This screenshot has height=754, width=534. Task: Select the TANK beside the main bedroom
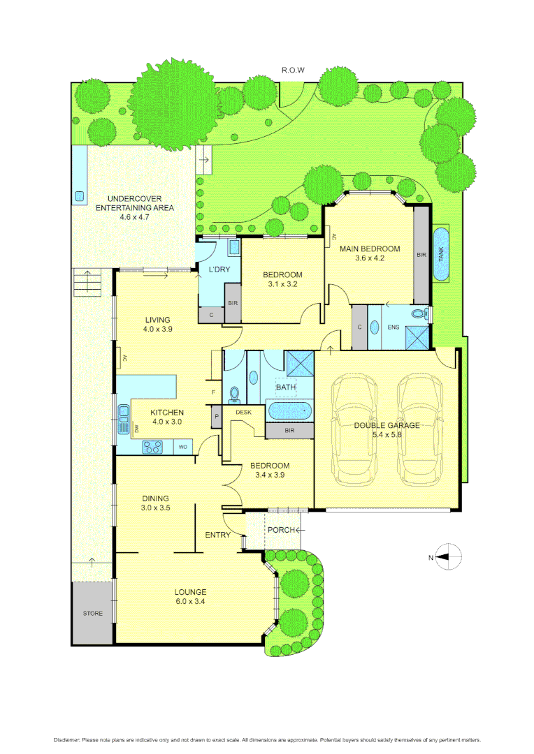[441, 254]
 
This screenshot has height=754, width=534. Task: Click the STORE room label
[92, 614]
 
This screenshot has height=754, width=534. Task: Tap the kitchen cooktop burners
[153, 446]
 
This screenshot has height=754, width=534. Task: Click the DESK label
[243, 413]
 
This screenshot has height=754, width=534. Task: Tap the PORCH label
[280, 530]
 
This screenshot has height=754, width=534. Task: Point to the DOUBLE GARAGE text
[387, 424]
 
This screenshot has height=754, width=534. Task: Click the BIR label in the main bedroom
[421, 256]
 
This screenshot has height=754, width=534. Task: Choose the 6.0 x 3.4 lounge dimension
[189, 600]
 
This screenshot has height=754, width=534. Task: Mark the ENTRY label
[217, 535]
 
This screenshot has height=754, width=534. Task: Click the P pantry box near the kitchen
[216, 417]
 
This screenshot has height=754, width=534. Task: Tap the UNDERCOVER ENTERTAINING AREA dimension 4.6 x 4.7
[134, 217]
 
